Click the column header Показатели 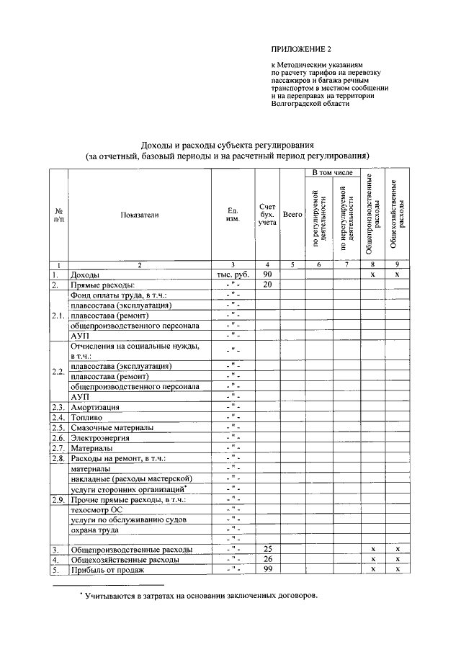click(139, 214)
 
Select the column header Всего click(292, 214)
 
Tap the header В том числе click(331, 174)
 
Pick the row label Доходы click(84, 275)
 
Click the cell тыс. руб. click(232, 275)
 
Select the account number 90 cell click(267, 274)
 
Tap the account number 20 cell click(267, 285)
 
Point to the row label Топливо click(86, 418)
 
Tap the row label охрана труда click(94, 530)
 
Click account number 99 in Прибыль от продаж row click(267, 570)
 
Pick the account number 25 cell click(267, 549)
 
